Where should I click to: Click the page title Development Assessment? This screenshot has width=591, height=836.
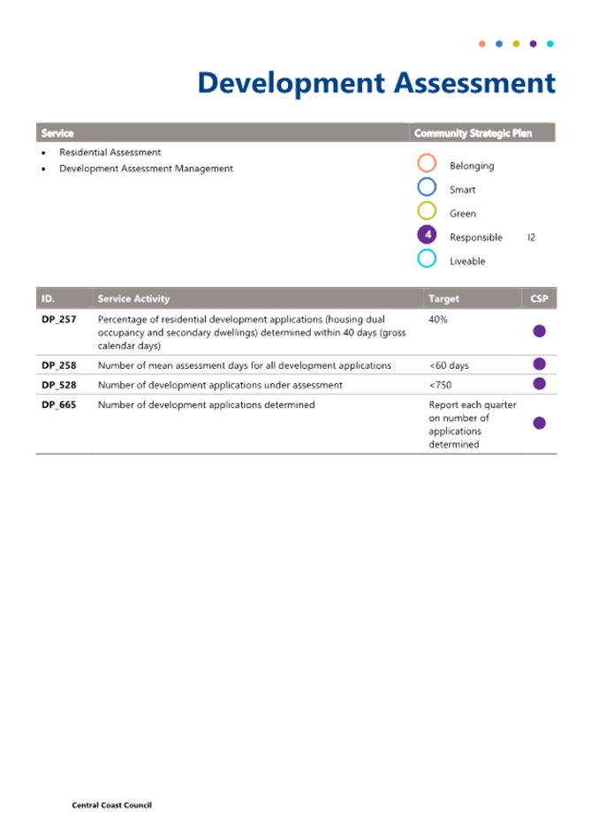click(376, 84)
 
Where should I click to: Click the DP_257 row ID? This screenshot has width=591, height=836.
click(58, 320)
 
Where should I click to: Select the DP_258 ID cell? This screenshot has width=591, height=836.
click(58, 365)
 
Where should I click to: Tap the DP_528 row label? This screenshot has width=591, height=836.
click(58, 385)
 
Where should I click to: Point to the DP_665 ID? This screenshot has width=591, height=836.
click(58, 404)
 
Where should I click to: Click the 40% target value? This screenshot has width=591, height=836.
click(438, 320)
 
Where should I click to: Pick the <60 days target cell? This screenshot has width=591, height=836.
click(449, 365)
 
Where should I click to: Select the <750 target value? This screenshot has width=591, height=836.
click(441, 385)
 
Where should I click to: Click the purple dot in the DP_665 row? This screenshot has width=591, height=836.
click(539, 424)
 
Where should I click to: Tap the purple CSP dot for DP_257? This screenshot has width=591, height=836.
click(539, 331)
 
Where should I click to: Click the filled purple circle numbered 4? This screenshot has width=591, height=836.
click(427, 235)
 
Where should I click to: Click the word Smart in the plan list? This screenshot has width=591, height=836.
click(462, 190)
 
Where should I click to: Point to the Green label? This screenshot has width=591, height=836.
click(463, 214)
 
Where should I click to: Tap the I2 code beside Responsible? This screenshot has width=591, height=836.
click(531, 237)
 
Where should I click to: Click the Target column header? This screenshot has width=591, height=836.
click(443, 299)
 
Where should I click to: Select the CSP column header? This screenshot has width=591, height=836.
click(539, 299)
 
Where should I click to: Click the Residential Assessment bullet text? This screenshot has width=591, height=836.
click(110, 153)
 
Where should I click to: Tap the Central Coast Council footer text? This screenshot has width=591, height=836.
click(112, 805)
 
